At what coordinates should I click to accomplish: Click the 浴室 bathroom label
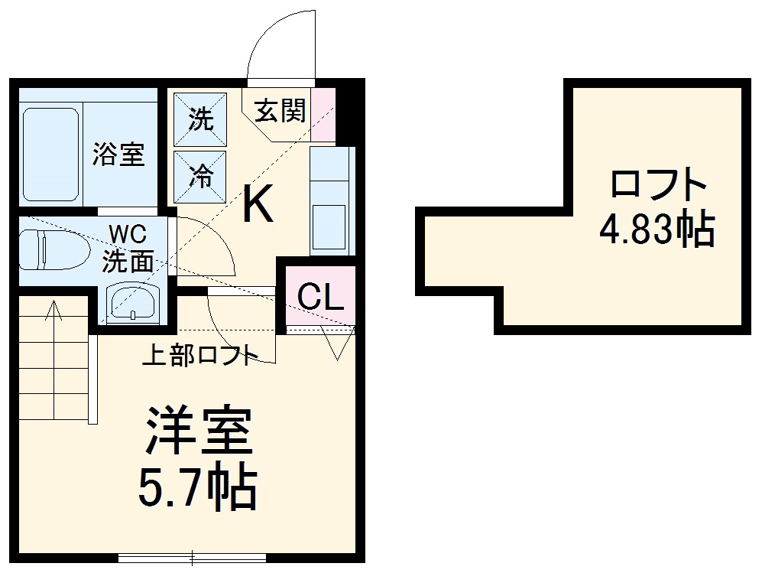tap(118, 154)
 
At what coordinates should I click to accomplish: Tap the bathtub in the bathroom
tap(50, 154)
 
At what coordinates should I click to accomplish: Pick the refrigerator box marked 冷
tap(201, 177)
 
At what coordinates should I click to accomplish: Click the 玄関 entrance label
tap(280, 112)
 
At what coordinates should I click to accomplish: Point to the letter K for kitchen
tap(258, 204)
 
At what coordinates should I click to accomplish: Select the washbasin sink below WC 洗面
tap(131, 301)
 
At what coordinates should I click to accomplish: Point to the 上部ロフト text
tap(199, 356)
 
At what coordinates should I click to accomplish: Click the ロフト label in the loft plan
tap(657, 184)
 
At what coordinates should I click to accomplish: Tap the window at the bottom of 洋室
tap(191, 557)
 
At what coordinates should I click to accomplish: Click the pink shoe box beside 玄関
tap(323, 115)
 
